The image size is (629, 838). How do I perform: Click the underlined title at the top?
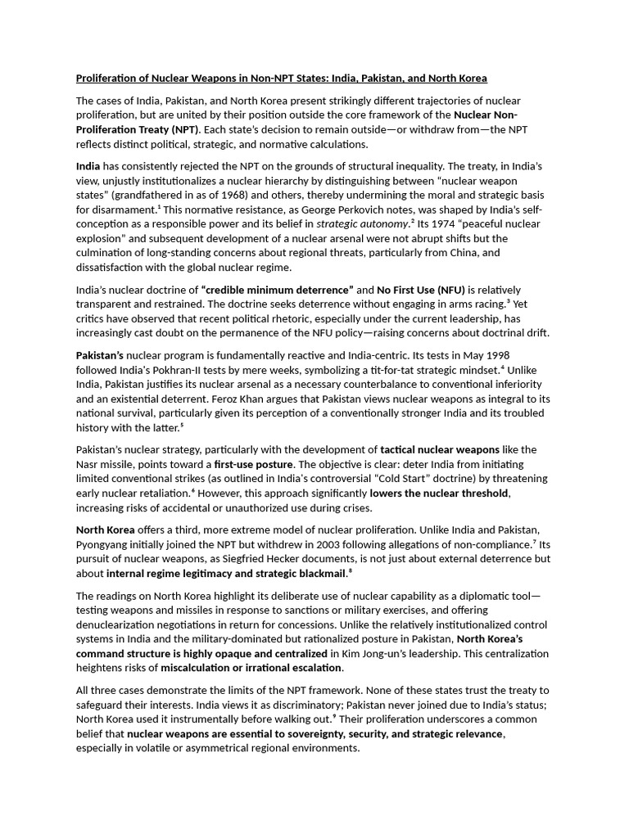pyautogui.click(x=281, y=79)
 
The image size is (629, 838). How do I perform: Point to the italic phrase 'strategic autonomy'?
pyautogui.click(x=362, y=224)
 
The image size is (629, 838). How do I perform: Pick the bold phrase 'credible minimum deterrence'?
pyautogui.click(x=277, y=290)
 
